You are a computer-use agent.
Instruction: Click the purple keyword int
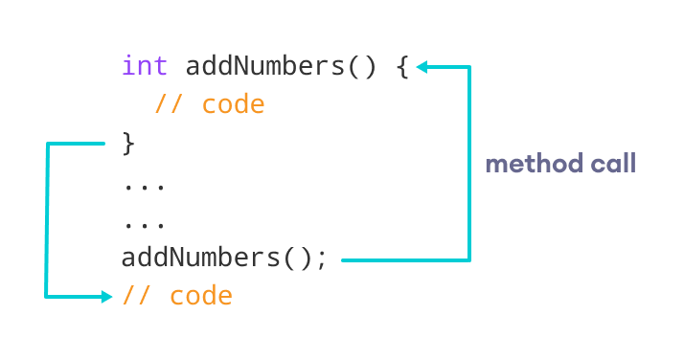click(145, 67)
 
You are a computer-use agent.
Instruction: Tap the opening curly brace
click(401, 68)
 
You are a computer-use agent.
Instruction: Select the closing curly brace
click(129, 145)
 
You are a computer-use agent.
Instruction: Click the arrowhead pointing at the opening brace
click(422, 67)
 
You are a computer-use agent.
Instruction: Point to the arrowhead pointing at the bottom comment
click(106, 297)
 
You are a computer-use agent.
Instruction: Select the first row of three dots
click(145, 185)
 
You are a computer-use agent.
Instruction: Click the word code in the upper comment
click(233, 104)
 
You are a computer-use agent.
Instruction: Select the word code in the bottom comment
click(201, 296)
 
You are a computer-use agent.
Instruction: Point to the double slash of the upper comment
click(170, 104)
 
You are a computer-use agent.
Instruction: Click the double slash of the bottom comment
click(138, 296)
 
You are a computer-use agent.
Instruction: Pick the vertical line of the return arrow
click(46, 220)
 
